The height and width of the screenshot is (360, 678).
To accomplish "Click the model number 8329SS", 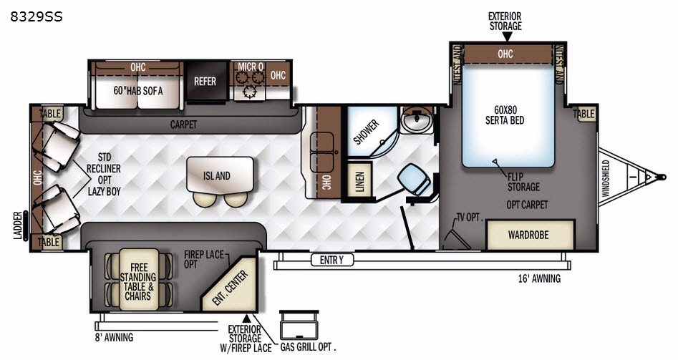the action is tap(37, 16).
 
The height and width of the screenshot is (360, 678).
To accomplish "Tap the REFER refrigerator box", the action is tap(205, 81).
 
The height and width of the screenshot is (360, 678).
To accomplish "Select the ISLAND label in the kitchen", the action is tap(217, 176).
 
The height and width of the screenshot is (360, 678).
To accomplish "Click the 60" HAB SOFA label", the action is tap(138, 90).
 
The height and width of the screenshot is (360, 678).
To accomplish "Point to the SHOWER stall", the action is tap(371, 131).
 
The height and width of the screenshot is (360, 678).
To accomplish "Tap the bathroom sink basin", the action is tap(417, 120).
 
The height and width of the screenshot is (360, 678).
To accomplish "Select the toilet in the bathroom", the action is tap(415, 180).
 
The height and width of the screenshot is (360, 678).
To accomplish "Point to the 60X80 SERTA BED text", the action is tap(505, 115).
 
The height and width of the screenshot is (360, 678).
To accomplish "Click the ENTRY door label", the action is tap(331, 260).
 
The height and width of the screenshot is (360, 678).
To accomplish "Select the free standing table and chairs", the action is tap(139, 279).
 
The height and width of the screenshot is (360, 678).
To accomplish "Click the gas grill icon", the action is tap(299, 325).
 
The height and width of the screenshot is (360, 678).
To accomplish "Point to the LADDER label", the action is tap(18, 225).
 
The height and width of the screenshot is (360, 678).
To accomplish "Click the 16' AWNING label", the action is tap(539, 278).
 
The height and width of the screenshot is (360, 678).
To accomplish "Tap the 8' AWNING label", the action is tap(114, 337).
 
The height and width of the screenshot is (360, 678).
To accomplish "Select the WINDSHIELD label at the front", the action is tap(606, 178).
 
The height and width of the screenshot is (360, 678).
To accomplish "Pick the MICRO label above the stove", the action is tap(251, 67).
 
